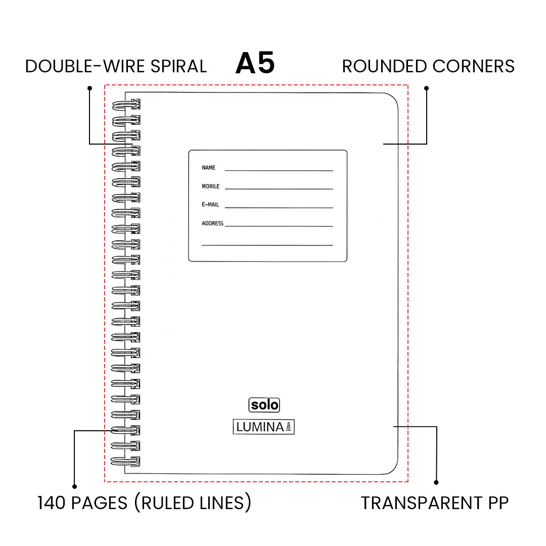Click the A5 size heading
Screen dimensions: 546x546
pos(255,64)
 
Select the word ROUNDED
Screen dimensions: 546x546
pos(385,66)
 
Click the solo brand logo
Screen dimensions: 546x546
pos(264,405)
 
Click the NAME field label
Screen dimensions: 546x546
pos(208,168)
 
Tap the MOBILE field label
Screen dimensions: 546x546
pos(211,187)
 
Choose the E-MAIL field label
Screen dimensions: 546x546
pos(211,205)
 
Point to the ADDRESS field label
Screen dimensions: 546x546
pos(212,223)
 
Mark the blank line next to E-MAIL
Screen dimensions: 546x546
pos(279,208)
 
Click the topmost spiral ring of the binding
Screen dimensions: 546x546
pos(126,105)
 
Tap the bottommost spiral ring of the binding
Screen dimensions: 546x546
pos(126,461)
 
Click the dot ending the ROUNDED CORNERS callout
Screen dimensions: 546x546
pos(426,88)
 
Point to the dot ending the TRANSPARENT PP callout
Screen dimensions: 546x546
pos(437,483)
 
